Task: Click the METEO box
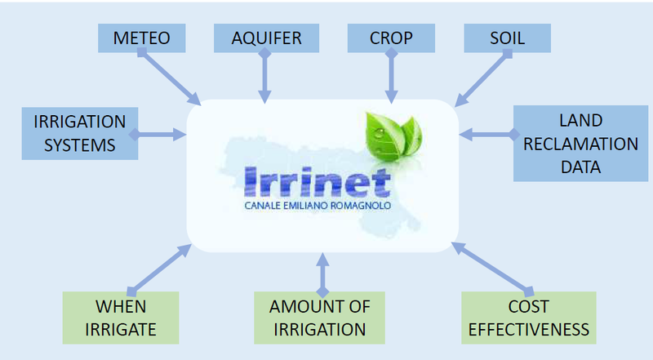click(x=141, y=38)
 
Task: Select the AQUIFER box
click(x=267, y=38)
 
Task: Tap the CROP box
click(x=391, y=38)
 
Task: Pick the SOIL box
click(x=507, y=38)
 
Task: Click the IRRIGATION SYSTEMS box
click(x=80, y=133)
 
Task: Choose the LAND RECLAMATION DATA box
click(x=580, y=144)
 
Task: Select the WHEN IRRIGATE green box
click(x=121, y=318)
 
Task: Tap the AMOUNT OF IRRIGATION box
click(x=319, y=318)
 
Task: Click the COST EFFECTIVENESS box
click(x=529, y=318)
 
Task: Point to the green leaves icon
click(x=393, y=136)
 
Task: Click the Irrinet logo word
click(x=318, y=182)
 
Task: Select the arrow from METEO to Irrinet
click(x=169, y=77)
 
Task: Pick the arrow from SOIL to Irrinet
click(x=483, y=78)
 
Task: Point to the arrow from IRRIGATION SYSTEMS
click(x=158, y=134)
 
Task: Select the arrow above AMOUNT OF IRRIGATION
click(x=322, y=275)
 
